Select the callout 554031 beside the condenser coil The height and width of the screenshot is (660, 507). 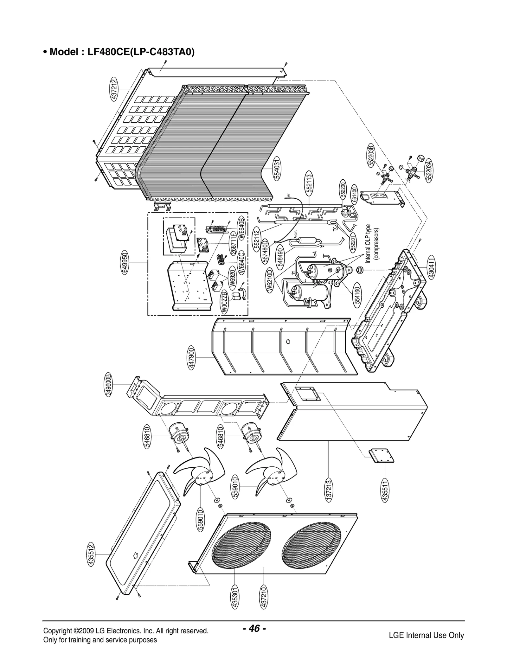pyautogui.click(x=277, y=168)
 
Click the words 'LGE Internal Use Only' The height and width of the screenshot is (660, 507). pyautogui.click(x=426, y=635)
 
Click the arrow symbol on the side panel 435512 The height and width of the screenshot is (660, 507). pyautogui.click(x=135, y=555)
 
